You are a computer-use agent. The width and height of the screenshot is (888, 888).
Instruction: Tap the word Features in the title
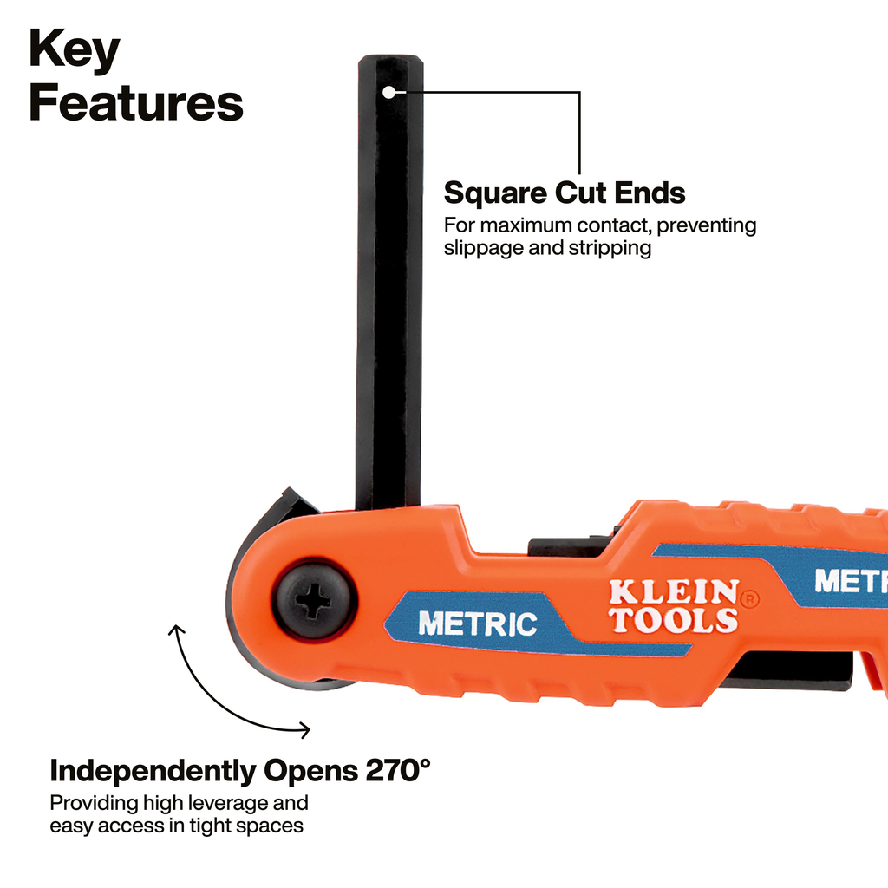[x=136, y=102]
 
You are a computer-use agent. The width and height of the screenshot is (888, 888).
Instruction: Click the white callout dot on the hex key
[x=388, y=92]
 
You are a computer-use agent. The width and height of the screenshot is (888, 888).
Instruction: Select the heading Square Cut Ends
[x=565, y=193]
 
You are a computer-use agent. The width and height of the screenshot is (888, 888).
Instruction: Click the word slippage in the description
[x=483, y=248]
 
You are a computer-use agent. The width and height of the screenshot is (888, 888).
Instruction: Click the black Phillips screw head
[x=314, y=599]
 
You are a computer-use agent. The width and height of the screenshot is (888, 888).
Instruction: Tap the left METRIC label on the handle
[x=478, y=624]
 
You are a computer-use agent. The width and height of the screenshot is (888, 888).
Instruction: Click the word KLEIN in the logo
[x=674, y=592]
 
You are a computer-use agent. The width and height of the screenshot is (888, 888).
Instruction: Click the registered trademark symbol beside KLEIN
[x=749, y=598]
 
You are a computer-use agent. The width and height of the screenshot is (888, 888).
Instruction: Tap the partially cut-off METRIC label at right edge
[x=852, y=581]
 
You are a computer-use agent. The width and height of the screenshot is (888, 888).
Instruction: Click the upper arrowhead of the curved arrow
[x=177, y=630]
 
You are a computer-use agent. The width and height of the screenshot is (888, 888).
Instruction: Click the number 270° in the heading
[x=397, y=770]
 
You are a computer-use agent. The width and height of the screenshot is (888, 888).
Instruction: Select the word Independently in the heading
[x=153, y=771]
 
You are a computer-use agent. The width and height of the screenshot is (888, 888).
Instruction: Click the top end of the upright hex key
[x=391, y=56]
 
